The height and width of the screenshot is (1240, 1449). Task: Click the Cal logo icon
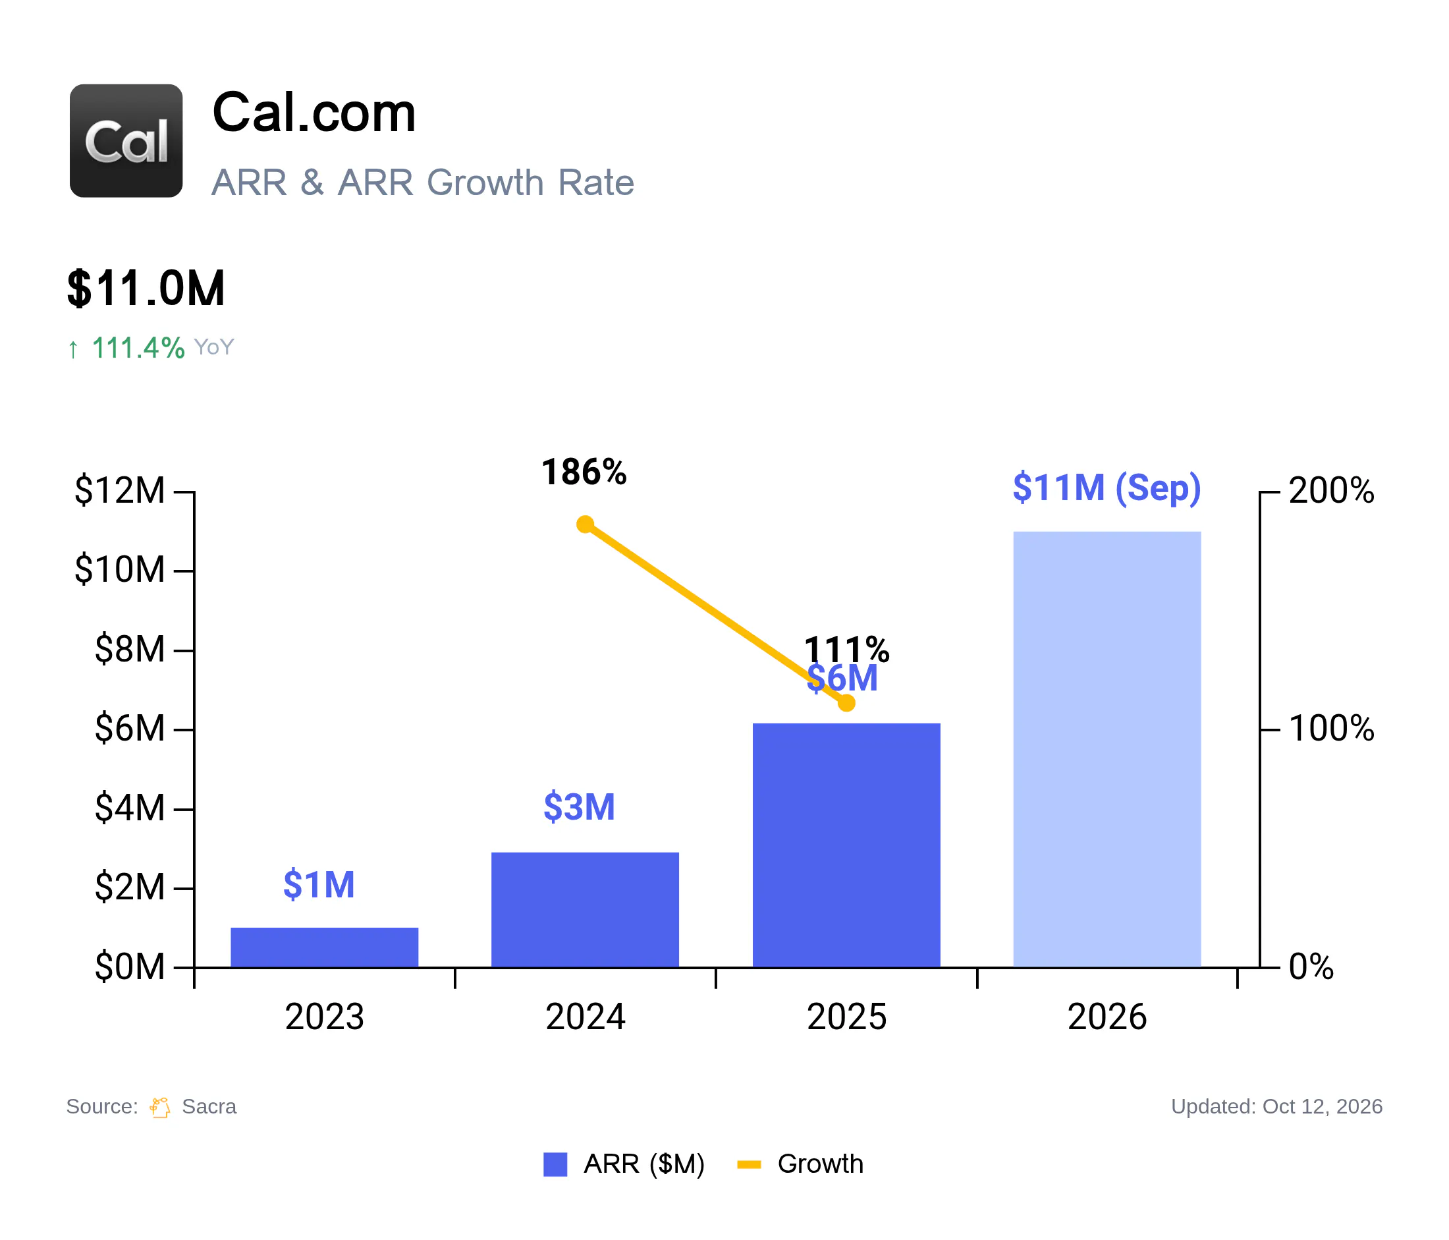(126, 140)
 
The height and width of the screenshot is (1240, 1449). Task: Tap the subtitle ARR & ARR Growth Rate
(422, 183)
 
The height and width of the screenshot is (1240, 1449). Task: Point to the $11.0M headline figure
(146, 288)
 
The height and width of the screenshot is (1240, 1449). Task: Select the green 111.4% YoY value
(138, 348)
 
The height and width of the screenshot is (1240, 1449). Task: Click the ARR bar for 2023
(325, 947)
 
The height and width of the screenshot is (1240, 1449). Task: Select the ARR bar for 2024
(586, 910)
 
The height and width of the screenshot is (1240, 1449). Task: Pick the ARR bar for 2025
(846, 845)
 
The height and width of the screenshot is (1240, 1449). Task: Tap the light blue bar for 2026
(1107, 750)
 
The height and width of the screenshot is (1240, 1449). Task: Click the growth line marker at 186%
(586, 524)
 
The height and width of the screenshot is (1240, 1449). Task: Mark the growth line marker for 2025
(846, 703)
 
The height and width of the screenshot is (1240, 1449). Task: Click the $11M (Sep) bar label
(1107, 488)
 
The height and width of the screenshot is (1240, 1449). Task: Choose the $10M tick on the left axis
(120, 569)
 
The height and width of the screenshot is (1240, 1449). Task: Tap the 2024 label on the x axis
(586, 1017)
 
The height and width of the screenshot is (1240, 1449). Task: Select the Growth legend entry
(801, 1164)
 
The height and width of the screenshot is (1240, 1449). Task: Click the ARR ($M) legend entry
(624, 1164)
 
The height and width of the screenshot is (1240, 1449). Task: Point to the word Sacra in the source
(209, 1106)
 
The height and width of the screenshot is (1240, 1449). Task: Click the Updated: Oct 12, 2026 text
(1276, 1106)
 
